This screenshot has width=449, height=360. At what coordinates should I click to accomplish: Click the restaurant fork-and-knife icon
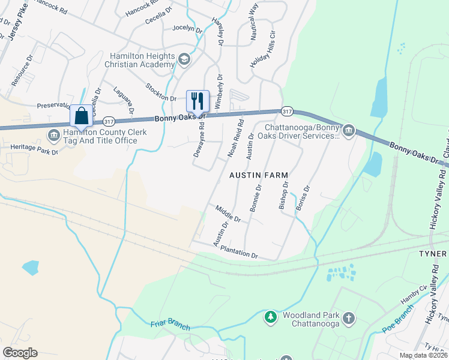click(x=198, y=100)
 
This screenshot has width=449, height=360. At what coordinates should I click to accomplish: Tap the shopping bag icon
click(x=81, y=115)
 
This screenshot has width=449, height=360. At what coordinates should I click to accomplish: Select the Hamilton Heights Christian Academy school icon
click(x=184, y=59)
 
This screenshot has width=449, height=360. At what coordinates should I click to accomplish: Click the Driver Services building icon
click(x=348, y=130)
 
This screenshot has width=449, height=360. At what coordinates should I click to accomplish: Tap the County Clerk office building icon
click(x=54, y=133)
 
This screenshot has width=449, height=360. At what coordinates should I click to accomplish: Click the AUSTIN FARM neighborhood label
click(x=258, y=175)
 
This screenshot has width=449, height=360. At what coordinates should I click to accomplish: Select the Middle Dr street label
click(x=228, y=214)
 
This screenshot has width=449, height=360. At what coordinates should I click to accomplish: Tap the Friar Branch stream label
click(x=170, y=325)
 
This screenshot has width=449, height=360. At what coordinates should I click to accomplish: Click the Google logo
click(x=19, y=352)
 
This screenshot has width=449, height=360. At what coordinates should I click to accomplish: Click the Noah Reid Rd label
click(x=235, y=139)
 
